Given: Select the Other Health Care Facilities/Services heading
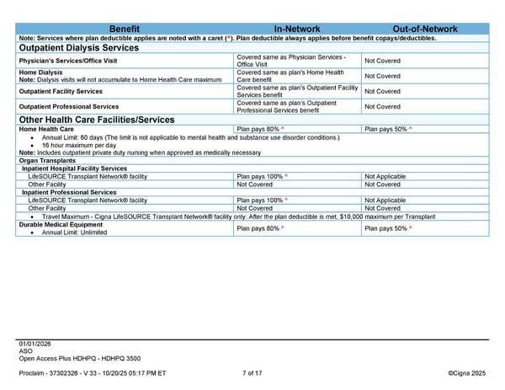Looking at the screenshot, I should (x=96, y=120).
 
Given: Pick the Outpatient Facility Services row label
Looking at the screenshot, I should (x=61, y=91).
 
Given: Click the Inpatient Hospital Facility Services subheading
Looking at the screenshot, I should (x=74, y=168).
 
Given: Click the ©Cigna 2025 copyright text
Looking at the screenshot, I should (x=467, y=372).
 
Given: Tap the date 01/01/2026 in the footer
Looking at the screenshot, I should (x=35, y=344).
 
